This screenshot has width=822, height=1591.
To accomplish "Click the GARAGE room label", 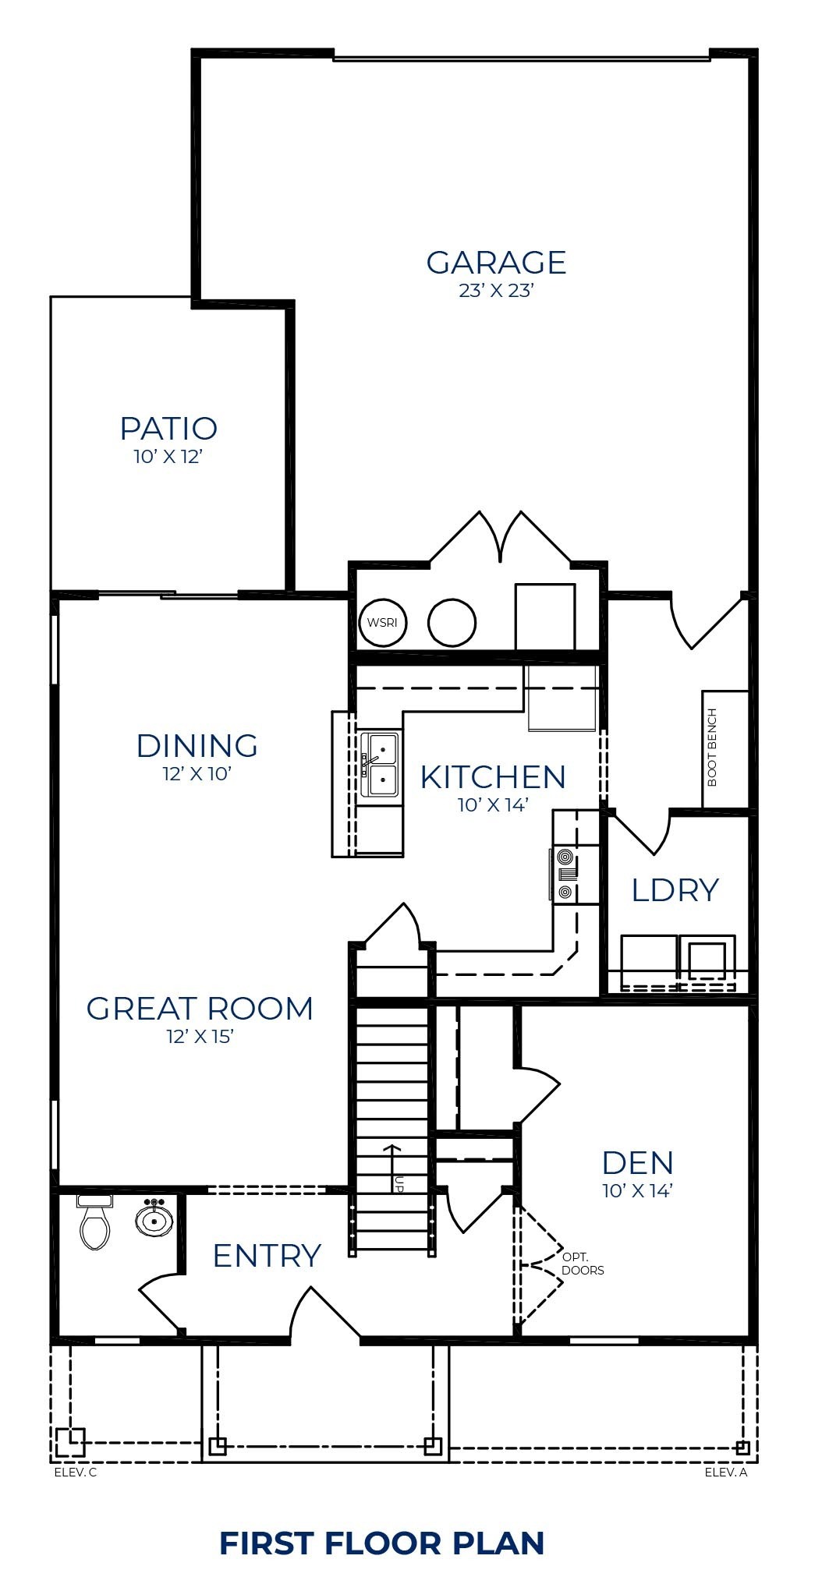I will click(x=495, y=263).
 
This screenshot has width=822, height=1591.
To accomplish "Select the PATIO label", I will click(x=168, y=429).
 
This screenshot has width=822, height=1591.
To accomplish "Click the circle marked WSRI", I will click(x=382, y=623).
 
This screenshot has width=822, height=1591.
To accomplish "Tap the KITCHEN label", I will click(x=492, y=777).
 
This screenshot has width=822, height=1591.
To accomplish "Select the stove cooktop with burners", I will click(x=565, y=875).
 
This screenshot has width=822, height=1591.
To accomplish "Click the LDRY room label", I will click(x=674, y=890).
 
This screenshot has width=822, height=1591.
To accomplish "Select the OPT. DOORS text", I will click(x=582, y=1264).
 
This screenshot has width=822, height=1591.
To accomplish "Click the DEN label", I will click(x=636, y=1163).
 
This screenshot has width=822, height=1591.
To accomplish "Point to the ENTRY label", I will click(x=267, y=1256).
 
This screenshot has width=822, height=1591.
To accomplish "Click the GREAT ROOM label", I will click(x=200, y=1009).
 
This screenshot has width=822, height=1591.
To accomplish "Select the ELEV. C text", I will click(x=75, y=1473).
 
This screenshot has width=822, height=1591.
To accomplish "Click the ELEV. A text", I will click(x=725, y=1473).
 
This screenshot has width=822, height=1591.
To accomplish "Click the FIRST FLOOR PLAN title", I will click(x=381, y=1543).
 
